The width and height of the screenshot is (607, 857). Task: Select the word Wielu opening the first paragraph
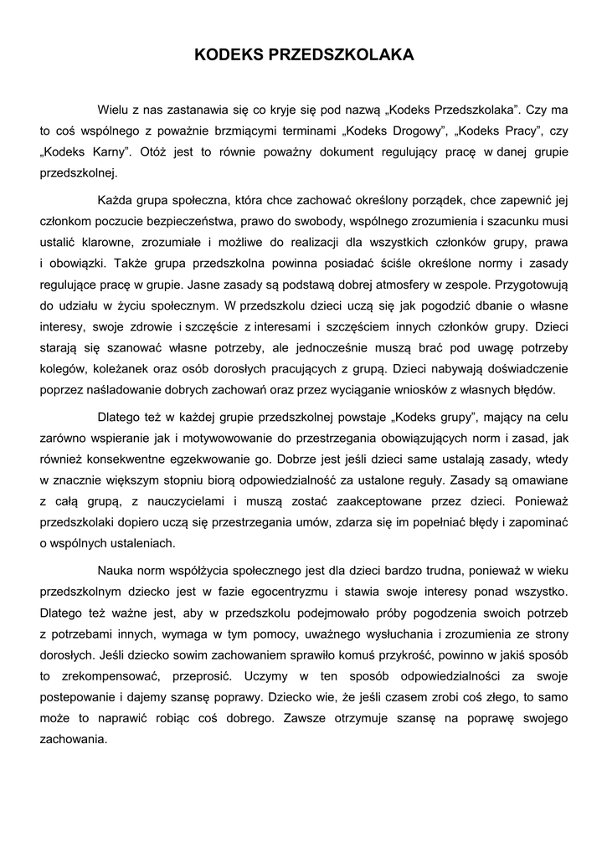click(114, 110)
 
